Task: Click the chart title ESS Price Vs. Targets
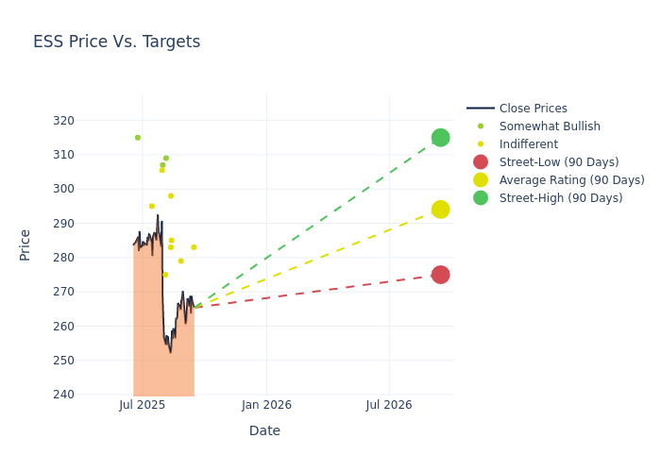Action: tap(116, 42)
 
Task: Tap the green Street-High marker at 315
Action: tap(440, 138)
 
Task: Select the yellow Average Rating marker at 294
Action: tap(440, 210)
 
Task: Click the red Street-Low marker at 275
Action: tap(440, 275)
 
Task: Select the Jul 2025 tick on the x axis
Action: tap(143, 405)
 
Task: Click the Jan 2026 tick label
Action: tap(266, 405)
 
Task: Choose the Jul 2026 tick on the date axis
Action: tap(389, 405)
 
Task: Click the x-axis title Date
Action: tap(264, 430)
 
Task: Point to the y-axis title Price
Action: tap(25, 244)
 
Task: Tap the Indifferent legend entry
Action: tap(528, 144)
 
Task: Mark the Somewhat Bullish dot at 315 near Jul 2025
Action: tap(137, 138)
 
